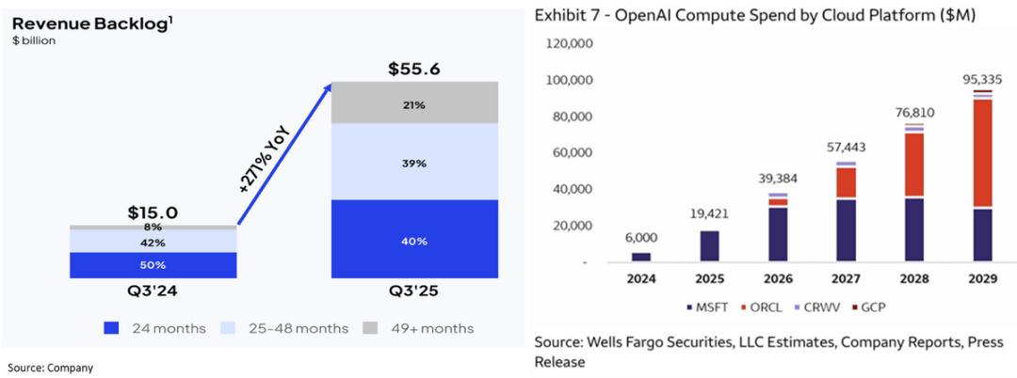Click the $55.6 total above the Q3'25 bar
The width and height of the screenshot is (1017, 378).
point(414,70)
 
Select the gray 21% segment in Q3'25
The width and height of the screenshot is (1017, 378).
point(414,103)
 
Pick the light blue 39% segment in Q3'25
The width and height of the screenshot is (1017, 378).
point(414,163)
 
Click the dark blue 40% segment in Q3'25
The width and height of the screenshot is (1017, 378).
point(414,240)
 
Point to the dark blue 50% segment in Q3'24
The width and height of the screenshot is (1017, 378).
point(153,265)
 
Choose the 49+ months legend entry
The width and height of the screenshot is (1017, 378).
point(421,328)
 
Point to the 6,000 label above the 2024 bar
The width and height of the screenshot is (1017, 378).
point(640,238)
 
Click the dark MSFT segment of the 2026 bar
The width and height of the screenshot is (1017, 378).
point(778,234)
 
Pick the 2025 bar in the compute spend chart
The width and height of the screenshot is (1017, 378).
point(710,245)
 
